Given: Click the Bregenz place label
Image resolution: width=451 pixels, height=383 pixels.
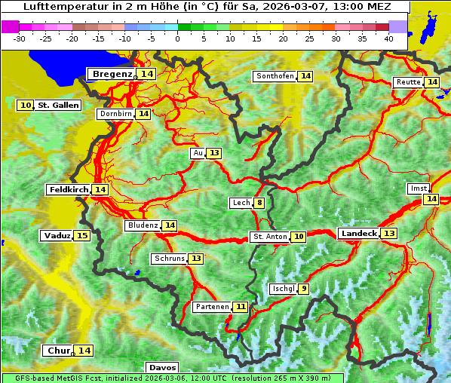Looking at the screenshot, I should pyautogui.click(x=112, y=74).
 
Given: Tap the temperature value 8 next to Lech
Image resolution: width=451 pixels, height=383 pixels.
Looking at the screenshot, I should pyautogui.click(x=259, y=203).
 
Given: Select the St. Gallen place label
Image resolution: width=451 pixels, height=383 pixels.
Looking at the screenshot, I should pyautogui.click(x=57, y=106).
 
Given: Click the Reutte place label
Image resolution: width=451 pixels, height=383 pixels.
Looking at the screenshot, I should pyautogui.click(x=408, y=82).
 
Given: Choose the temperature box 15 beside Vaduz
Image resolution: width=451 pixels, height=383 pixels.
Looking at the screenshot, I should pyautogui.click(x=81, y=236).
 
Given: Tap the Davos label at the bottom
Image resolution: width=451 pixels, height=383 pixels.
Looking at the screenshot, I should pyautogui.click(x=162, y=368).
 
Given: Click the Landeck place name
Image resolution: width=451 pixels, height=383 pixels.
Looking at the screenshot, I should pyautogui.click(x=358, y=234).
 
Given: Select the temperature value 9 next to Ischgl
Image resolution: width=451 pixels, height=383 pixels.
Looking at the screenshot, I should pyautogui.click(x=303, y=289).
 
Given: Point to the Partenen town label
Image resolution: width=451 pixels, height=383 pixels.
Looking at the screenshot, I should pyautogui.click(x=211, y=307).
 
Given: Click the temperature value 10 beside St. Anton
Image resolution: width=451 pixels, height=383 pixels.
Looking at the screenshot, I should pyautogui.click(x=299, y=237).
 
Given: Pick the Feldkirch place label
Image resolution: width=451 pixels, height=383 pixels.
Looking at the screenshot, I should pyautogui.click(x=69, y=190).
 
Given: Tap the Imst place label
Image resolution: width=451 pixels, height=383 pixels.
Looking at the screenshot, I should pyautogui.click(x=418, y=188).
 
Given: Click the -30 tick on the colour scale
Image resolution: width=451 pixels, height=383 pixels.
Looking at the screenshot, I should pyautogui.click(x=20, y=38).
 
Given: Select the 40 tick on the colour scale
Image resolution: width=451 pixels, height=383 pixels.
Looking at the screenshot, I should pyautogui.click(x=388, y=38).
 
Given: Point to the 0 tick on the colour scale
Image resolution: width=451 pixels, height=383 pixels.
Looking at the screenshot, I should pyautogui.click(x=177, y=38).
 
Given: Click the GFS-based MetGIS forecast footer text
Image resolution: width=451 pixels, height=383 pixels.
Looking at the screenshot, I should pyautogui.click(x=172, y=378).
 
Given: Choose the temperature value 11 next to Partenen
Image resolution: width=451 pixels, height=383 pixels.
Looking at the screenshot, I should pyautogui.click(x=240, y=307).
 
